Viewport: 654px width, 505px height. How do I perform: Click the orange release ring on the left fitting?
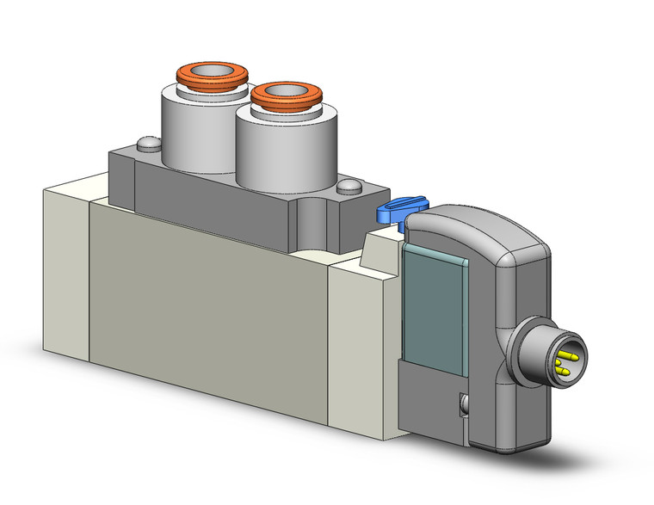[184, 78]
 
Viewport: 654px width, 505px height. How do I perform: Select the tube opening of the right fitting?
[288, 90]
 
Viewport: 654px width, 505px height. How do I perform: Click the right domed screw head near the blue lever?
[349, 186]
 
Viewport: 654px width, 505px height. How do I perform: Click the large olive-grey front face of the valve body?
[207, 293]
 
